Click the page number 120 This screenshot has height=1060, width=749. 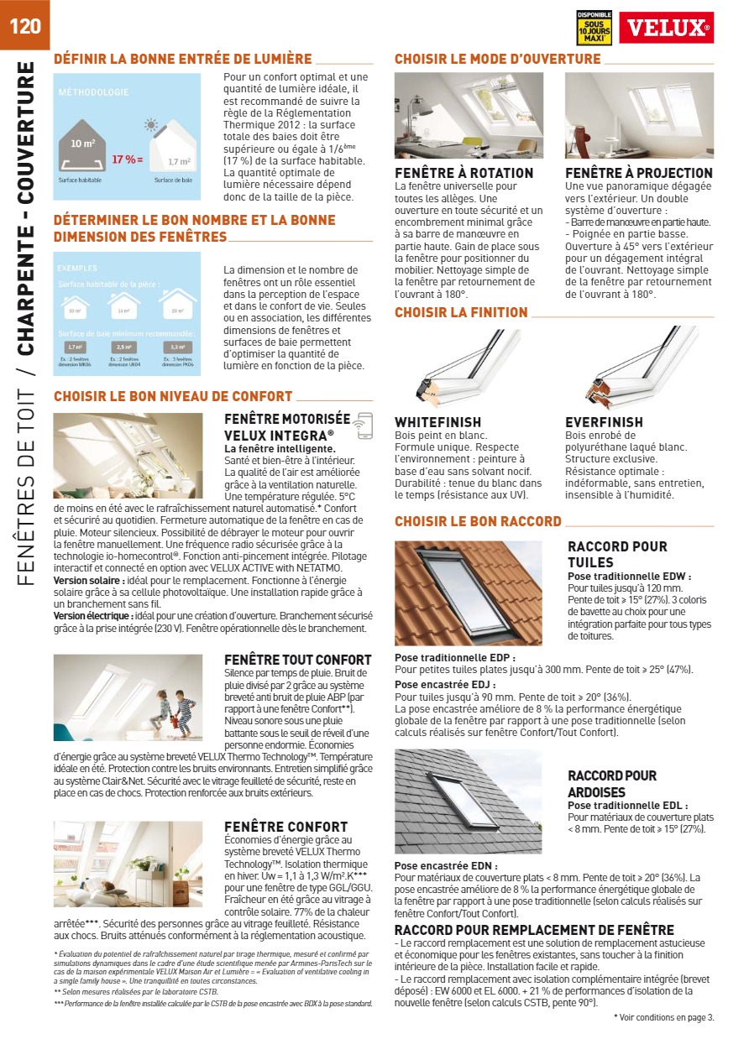(24, 25)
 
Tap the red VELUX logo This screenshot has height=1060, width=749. (666, 28)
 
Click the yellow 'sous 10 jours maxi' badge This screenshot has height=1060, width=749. (594, 28)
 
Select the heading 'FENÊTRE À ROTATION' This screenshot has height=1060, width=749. (464, 173)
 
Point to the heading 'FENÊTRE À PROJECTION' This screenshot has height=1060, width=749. (639, 173)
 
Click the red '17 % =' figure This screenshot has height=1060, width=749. (128, 159)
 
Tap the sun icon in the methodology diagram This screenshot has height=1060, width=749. (151, 126)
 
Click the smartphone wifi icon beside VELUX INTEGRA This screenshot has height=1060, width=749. (364, 426)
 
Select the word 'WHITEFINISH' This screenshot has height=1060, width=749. (437, 422)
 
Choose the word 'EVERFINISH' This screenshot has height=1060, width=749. (604, 422)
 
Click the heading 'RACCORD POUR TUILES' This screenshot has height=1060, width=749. (617, 554)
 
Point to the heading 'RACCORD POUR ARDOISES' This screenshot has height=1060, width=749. (612, 784)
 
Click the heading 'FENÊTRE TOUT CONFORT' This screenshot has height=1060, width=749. (297, 660)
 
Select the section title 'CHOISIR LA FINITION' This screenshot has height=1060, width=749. (461, 313)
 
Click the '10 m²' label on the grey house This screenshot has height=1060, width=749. (82, 144)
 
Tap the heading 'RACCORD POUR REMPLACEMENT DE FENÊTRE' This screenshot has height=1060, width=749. (534, 930)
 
